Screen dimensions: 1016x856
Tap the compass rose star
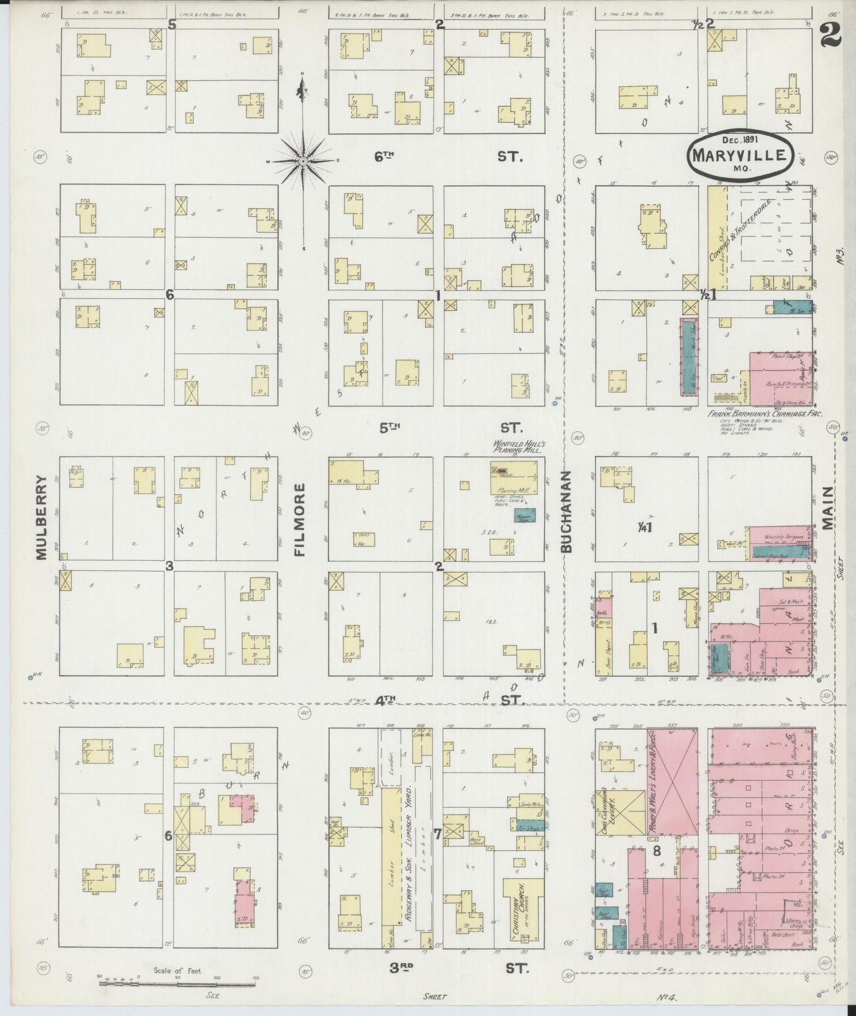(303, 161)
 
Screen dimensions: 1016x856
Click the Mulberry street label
(40, 516)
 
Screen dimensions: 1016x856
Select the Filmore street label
(300, 519)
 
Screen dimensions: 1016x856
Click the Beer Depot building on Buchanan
(603, 640)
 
